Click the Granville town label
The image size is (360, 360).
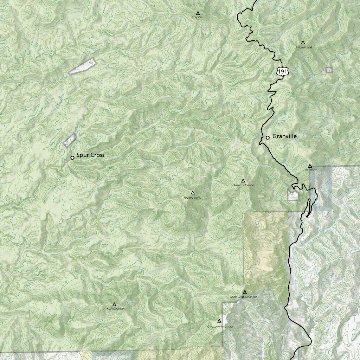284,136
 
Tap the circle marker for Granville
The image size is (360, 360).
268,137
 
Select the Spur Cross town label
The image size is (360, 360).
90,155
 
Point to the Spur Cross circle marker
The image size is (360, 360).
72,157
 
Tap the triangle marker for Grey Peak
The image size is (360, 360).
198,13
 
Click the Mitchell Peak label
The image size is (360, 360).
304,47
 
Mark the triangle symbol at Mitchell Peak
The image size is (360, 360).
303,43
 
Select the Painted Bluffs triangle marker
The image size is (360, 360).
193,193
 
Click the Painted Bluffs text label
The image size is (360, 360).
192,198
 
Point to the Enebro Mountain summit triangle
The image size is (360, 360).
243,181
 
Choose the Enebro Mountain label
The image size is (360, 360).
244,185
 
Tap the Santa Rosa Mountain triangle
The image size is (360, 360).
245,292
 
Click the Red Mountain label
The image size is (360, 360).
116,309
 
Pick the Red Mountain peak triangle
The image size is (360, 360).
114,304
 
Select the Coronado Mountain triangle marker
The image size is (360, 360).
219,321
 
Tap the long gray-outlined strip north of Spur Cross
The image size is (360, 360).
83,66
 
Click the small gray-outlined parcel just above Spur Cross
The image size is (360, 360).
70,140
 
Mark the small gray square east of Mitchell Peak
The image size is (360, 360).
329,70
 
